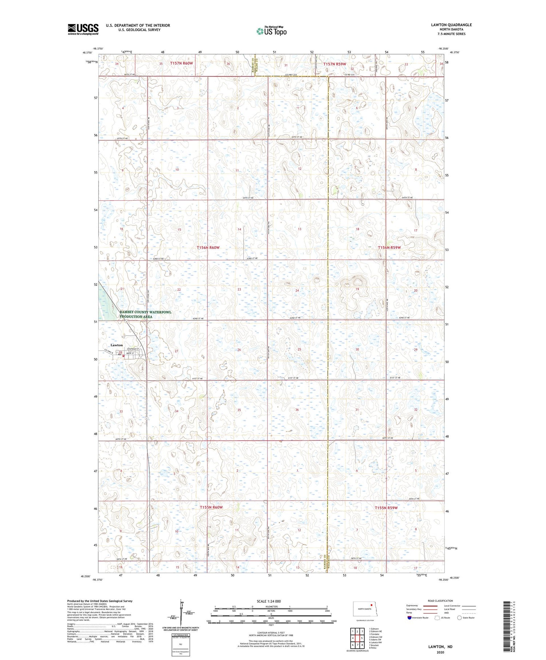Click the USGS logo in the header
[x=83, y=29]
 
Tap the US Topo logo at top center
[x=271, y=31]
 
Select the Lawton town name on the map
[x=116, y=345]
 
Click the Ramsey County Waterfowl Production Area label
[x=140, y=315]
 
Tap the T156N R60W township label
[x=208, y=248]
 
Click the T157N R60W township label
[x=181, y=63]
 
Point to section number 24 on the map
[x=297, y=290]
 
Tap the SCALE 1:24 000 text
[x=269, y=601]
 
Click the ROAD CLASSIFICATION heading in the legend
[x=440, y=601]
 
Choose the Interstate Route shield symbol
[x=409, y=617]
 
